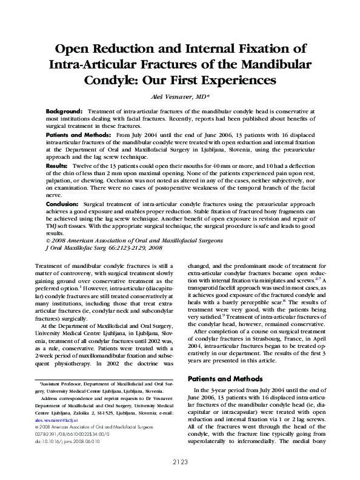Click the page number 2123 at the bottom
tap(179, 462)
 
